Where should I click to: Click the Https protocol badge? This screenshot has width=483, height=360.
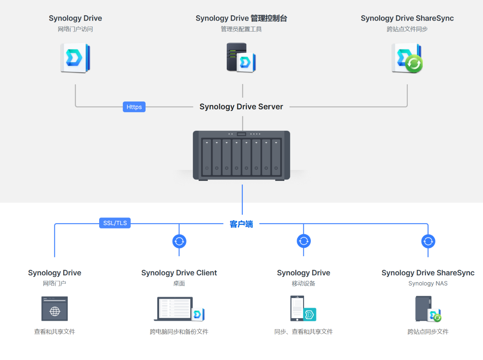pos(134,107)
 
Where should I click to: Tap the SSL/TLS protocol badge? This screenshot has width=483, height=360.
pos(115,223)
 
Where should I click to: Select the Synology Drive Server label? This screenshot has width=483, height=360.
pos(241,107)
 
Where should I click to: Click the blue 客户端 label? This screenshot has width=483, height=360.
pos(241,224)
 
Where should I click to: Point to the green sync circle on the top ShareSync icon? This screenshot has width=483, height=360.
pos(414,64)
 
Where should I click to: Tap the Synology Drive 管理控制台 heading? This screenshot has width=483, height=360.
pos(241,18)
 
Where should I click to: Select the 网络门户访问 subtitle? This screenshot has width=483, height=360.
pos(75,29)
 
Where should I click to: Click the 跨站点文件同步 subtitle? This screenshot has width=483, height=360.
pos(407,29)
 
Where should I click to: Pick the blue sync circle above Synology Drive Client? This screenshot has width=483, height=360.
pos(179,241)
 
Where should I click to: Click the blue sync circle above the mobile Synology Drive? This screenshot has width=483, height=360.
pos(304,241)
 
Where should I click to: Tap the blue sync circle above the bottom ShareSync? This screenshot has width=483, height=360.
pos(428,241)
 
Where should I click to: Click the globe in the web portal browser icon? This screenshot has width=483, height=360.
pos(55,312)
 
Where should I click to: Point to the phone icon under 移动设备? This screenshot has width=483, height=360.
pos(297,308)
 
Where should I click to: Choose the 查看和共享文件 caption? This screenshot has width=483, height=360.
pos(55,332)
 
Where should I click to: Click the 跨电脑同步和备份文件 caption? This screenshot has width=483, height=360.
pos(179,332)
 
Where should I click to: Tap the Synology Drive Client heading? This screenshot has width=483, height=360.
pos(179,273)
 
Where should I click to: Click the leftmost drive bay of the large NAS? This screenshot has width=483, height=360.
pos(207,157)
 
